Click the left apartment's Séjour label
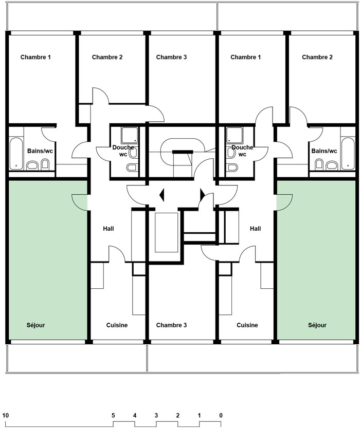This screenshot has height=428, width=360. coord(36,325)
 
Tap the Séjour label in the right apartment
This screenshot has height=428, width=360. coord(317,325)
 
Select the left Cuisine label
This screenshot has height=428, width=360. coord(117,325)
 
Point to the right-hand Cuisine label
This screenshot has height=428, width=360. coord(247,325)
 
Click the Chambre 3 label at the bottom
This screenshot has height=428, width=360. coord(171,325)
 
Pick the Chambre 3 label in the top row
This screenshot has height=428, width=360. coord(171,57)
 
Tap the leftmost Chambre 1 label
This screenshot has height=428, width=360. coord(35,57)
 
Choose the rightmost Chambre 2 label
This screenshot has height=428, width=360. coord(317,57)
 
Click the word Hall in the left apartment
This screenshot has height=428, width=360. coord(109,229)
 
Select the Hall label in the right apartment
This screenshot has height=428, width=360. coord(256,229)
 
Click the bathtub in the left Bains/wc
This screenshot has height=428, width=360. coord(16,154)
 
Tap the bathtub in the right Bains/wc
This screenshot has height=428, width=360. coord(348,154)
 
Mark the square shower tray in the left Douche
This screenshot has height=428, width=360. coord(130,135)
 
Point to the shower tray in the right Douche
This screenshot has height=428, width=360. coord(235,135)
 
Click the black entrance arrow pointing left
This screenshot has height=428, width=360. coord(162,195)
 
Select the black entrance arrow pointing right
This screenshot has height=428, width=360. coord(203,195)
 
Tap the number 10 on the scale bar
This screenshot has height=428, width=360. coord(6,416)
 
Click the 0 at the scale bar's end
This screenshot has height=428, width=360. coord(221,416)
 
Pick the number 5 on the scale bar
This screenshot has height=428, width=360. coord(113,416)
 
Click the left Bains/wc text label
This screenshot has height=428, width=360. coord(40,151)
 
